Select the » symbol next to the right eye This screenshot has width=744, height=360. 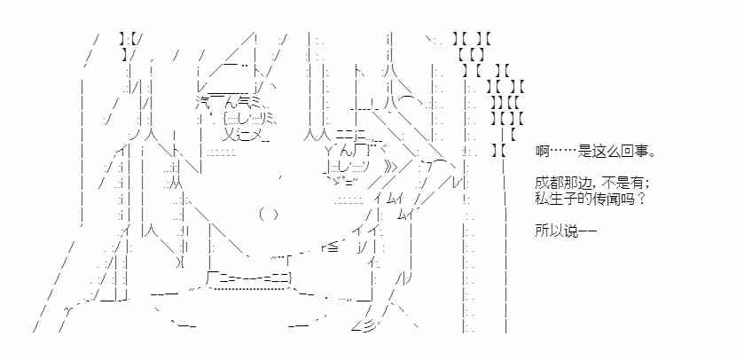[388, 165]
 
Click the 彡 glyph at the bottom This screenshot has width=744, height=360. [366, 327]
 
